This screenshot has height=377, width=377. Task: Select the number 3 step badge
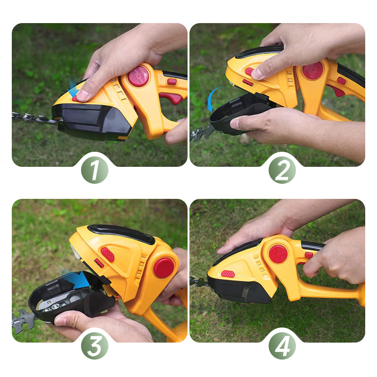pos(95,346)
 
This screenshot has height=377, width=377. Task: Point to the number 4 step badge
pos(282,346)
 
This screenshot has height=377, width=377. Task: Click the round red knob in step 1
pos(139,76)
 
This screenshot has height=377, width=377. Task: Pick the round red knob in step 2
pos(312,70)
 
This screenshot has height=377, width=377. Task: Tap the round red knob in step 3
pos(164,267)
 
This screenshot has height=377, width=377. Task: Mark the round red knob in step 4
pos(278,254)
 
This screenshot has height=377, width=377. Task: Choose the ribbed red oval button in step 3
pos(107,254)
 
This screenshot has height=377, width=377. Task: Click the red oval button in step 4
pos(228,274)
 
